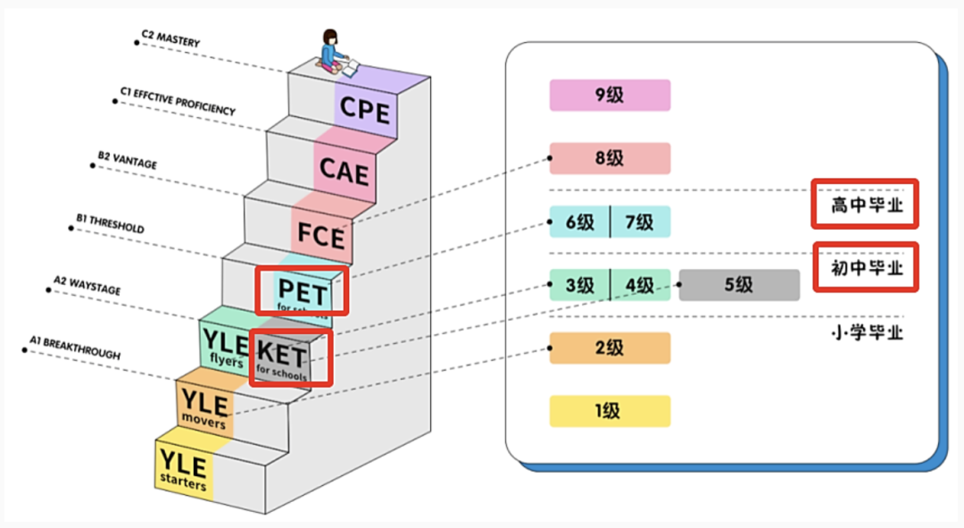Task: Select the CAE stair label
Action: click(344, 169)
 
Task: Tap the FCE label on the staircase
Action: click(321, 236)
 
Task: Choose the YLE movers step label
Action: click(204, 407)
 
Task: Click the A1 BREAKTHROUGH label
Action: click(69, 348)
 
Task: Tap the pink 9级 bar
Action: click(610, 95)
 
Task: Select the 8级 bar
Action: click(610, 158)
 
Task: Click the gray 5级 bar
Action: click(739, 285)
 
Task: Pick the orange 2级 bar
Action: click(610, 348)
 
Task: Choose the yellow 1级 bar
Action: click(610, 412)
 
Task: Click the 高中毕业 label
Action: click(863, 205)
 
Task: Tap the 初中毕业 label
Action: click(865, 267)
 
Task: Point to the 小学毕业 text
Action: click(867, 332)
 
